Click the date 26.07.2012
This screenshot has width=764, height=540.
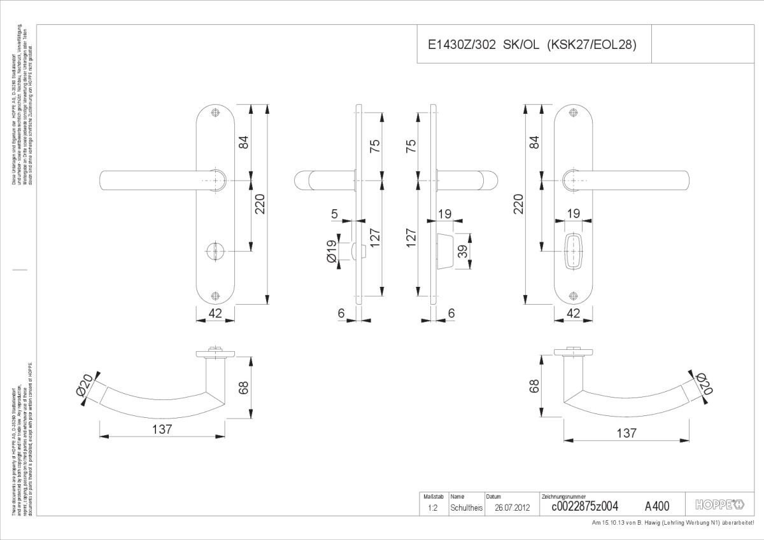[513, 508]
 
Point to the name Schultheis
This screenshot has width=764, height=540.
[466, 508]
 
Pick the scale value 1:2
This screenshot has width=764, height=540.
[432, 508]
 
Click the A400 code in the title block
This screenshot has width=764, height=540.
[657, 506]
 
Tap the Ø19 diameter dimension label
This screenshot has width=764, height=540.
[332, 251]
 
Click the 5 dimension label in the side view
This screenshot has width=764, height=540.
[336, 214]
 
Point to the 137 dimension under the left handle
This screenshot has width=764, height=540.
[162, 429]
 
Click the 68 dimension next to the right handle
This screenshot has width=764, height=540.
[534, 385]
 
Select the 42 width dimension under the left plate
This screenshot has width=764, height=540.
[215, 313]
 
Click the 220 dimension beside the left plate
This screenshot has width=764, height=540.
[260, 204]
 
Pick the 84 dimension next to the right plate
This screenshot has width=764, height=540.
[534, 142]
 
